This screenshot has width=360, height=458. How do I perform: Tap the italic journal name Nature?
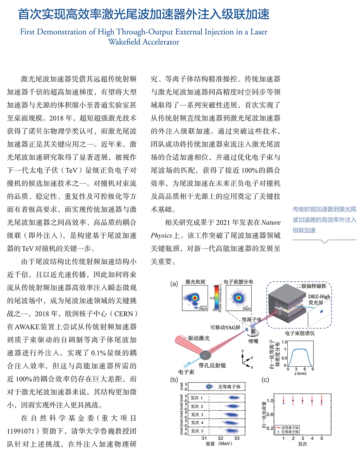(x=271, y=222)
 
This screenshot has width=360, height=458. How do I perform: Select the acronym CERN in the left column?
(x=123, y=314)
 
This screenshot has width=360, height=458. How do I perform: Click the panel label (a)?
(x=174, y=284)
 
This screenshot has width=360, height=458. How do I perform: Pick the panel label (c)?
(x=265, y=379)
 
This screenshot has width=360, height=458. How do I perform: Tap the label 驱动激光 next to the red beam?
(x=199, y=338)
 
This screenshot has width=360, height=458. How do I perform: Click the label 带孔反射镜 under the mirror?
(x=212, y=365)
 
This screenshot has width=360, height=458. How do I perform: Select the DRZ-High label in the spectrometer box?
(x=319, y=296)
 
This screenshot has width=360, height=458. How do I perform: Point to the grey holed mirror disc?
(x=205, y=355)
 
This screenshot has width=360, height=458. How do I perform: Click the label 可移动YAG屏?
(x=225, y=327)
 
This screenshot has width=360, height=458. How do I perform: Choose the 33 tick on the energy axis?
(x=237, y=438)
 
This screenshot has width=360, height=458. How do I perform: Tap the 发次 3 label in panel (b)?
(x=197, y=414)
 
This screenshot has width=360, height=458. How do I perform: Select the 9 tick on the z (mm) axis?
(x=313, y=369)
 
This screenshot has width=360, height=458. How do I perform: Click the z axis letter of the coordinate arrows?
(x=252, y=358)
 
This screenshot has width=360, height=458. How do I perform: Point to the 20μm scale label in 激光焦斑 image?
(x=203, y=308)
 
